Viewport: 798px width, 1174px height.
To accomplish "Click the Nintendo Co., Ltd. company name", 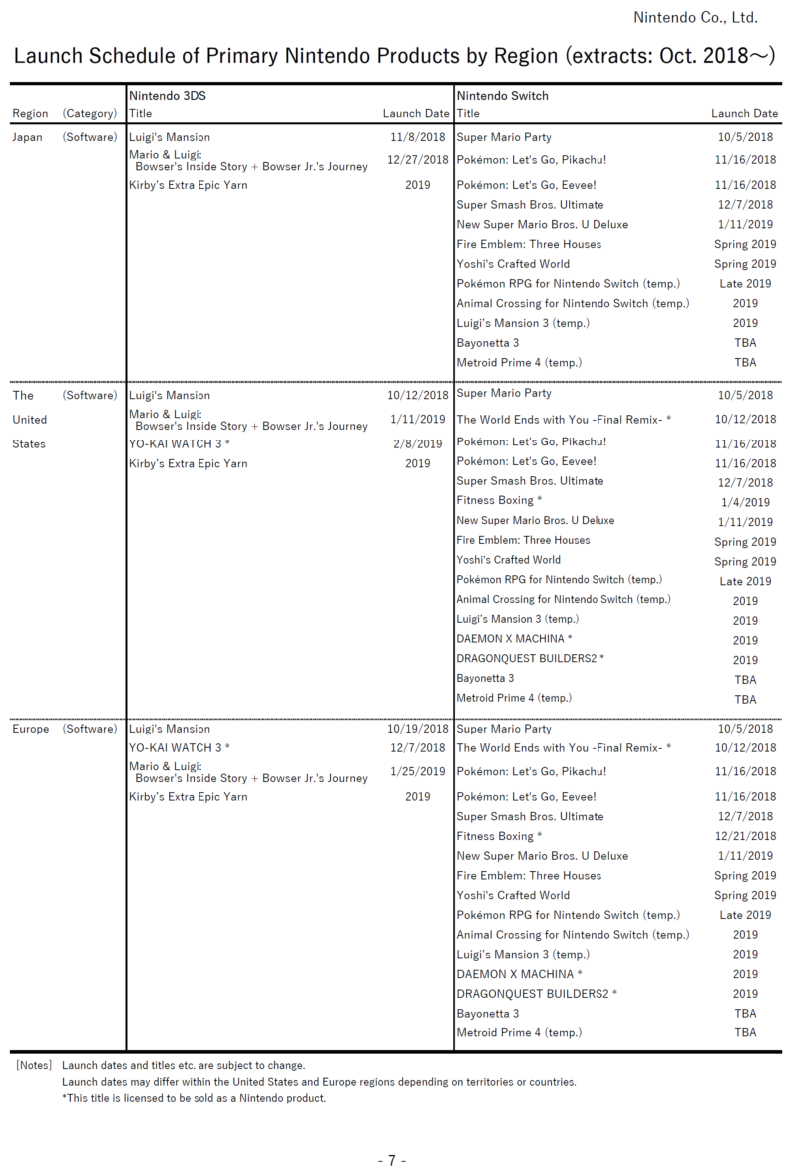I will (695, 17).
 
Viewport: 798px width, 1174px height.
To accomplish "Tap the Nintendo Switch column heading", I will (502, 96).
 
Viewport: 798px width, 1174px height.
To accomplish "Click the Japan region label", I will (27, 137).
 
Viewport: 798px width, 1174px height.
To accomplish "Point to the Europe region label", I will (30, 729).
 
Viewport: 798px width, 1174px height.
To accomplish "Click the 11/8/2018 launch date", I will (418, 137).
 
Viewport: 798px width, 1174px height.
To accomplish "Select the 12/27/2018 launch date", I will (418, 159).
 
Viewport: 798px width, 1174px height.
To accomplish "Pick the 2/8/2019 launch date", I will (418, 444).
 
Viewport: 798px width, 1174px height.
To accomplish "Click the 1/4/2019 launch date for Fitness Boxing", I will (745, 503).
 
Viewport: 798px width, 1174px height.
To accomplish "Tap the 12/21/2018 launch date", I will (745, 836).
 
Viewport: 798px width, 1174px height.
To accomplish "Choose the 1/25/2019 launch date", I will (418, 771).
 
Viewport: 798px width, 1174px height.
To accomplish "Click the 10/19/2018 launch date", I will (418, 729).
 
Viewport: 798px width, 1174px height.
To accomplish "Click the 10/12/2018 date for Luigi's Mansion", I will (418, 395).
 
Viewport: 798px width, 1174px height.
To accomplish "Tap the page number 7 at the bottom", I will (392, 1160).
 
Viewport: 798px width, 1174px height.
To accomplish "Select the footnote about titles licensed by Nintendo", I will (194, 1098).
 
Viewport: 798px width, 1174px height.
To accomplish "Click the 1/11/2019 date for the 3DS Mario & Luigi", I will (418, 419).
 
